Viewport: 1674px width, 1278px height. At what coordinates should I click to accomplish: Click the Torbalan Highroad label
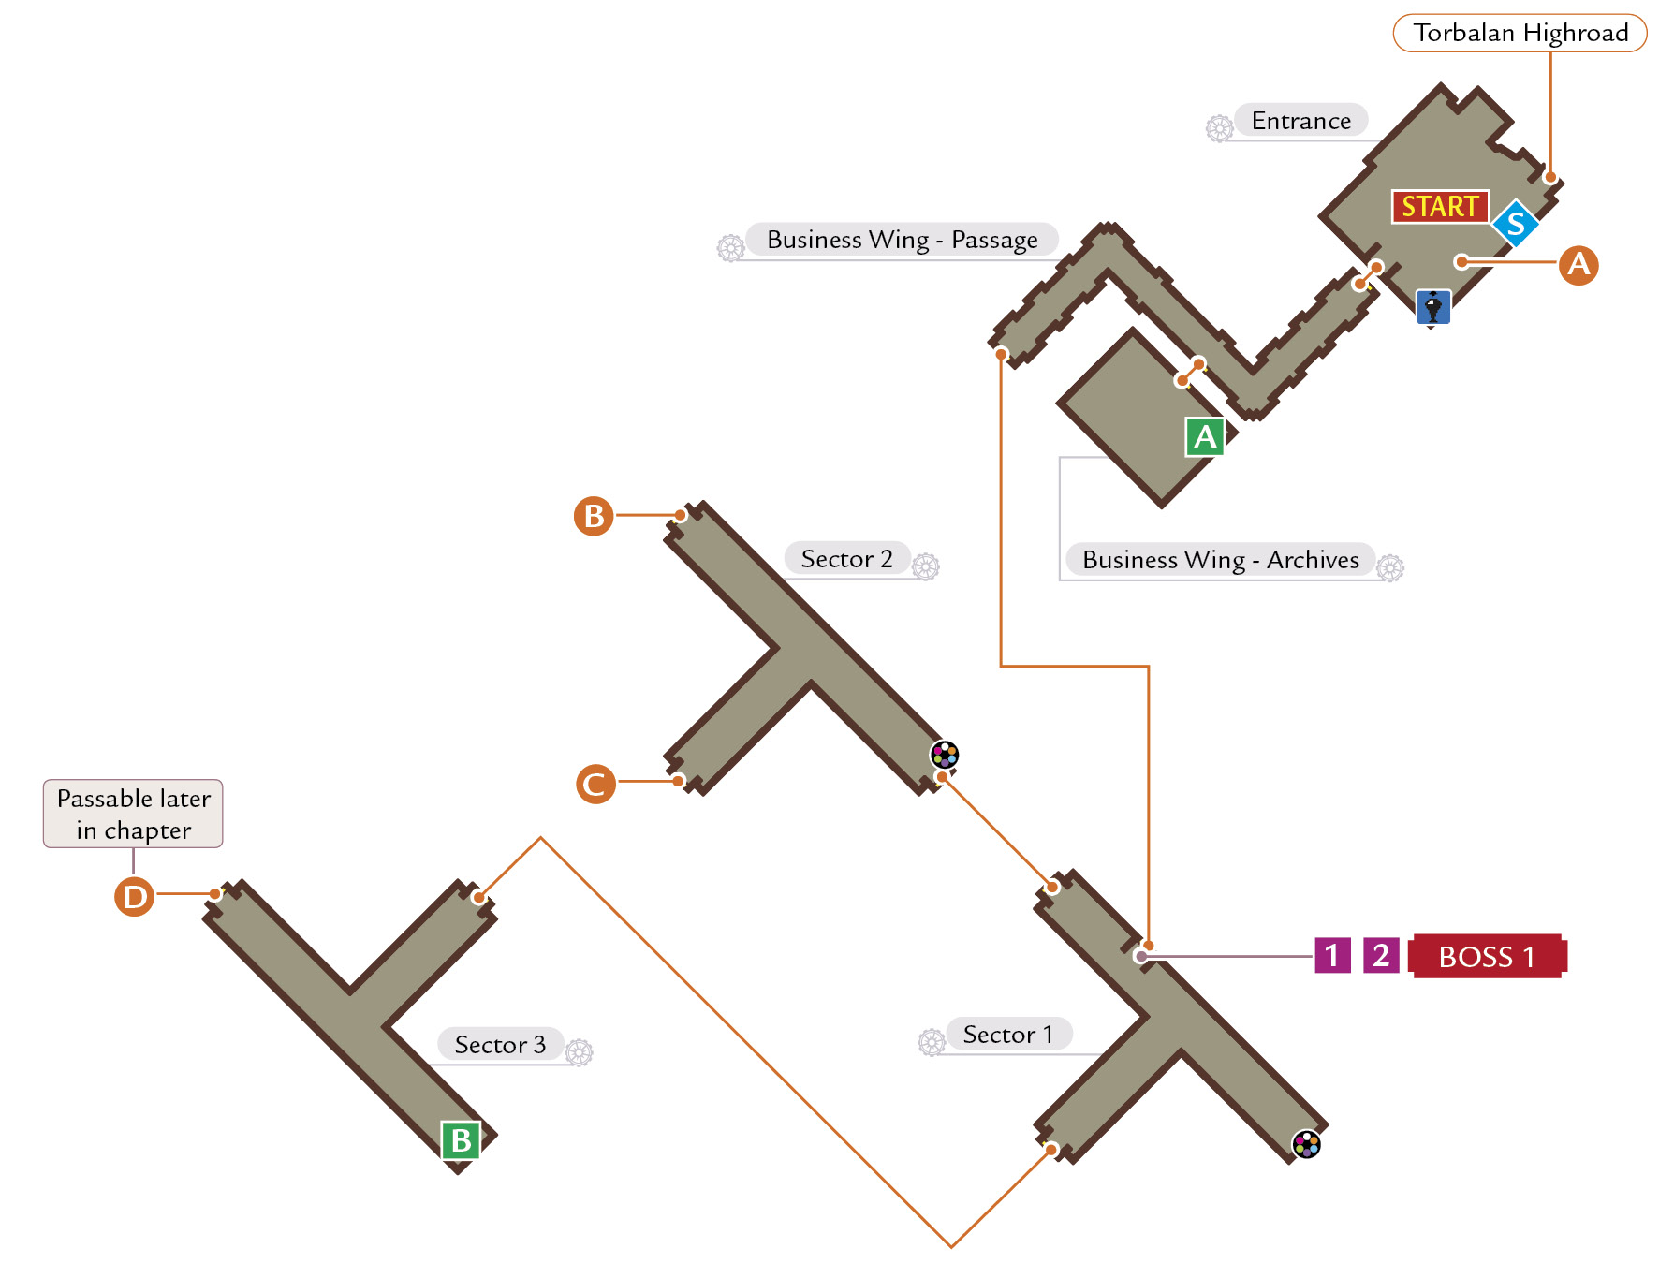pyautogui.click(x=1520, y=33)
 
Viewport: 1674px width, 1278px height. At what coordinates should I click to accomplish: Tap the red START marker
pyautogui.click(x=1440, y=206)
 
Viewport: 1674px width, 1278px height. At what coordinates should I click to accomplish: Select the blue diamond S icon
pyautogui.click(x=1516, y=224)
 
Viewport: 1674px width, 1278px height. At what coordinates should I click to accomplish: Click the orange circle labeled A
pyautogui.click(x=1579, y=265)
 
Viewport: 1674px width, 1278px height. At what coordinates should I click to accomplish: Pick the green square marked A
pyautogui.click(x=1205, y=436)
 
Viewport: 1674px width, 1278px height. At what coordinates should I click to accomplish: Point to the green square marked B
pyautogui.click(x=461, y=1140)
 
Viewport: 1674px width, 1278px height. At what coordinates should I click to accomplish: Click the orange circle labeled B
pyautogui.click(x=594, y=516)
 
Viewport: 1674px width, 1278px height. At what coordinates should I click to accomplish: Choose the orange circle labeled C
pyautogui.click(x=595, y=784)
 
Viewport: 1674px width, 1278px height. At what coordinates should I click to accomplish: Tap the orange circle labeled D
pyautogui.click(x=134, y=896)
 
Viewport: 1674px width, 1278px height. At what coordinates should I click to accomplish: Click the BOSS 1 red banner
pyautogui.click(x=1488, y=956)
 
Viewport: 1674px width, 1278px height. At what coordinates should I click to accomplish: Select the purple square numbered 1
pyautogui.click(x=1332, y=955)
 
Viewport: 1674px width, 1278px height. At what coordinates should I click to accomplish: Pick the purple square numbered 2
pyautogui.click(x=1381, y=955)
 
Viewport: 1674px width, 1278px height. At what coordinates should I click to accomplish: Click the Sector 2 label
pyautogui.click(x=847, y=559)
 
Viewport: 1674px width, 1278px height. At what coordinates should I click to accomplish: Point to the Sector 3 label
pyautogui.click(x=500, y=1044)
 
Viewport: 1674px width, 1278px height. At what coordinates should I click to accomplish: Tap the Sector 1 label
pyautogui.click(x=1008, y=1034)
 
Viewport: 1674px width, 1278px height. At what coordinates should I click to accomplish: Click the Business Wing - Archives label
pyautogui.click(x=1221, y=559)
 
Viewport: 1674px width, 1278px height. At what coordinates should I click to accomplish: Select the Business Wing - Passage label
pyautogui.click(x=903, y=240)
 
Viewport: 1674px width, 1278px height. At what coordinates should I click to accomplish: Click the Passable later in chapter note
pyautogui.click(x=133, y=814)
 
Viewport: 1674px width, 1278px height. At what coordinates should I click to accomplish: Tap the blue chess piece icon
pyautogui.click(x=1433, y=307)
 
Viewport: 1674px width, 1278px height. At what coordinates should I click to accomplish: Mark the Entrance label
pyautogui.click(x=1301, y=120)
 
